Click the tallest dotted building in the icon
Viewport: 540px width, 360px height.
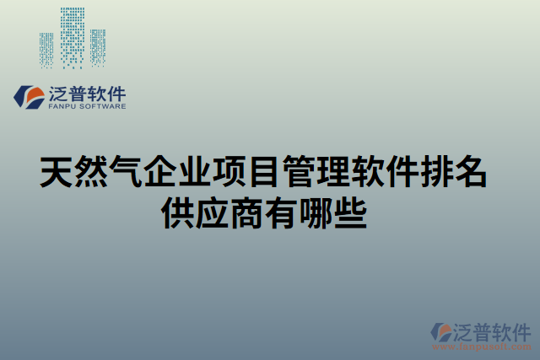click(x=72, y=38)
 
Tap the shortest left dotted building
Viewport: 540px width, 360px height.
click(x=46, y=51)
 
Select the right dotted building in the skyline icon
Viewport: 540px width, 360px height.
click(x=98, y=48)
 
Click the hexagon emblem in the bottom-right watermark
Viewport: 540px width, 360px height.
click(x=441, y=331)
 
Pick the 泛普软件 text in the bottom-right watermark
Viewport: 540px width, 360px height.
click(x=493, y=330)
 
